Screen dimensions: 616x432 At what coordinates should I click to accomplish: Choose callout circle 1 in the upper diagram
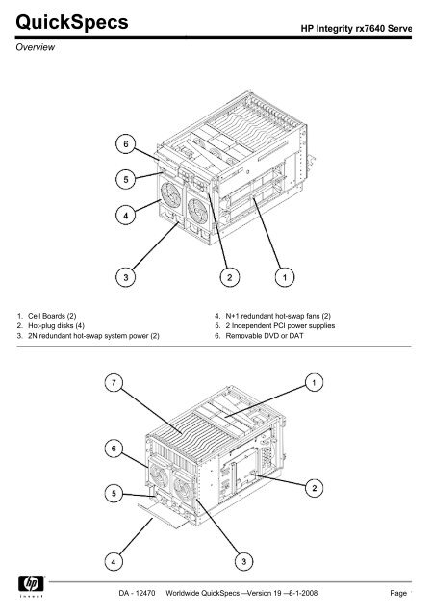pos(285,278)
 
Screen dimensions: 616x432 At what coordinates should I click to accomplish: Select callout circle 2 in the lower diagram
pos(315,491)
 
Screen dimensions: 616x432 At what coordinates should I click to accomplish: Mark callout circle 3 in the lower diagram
pos(228,560)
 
